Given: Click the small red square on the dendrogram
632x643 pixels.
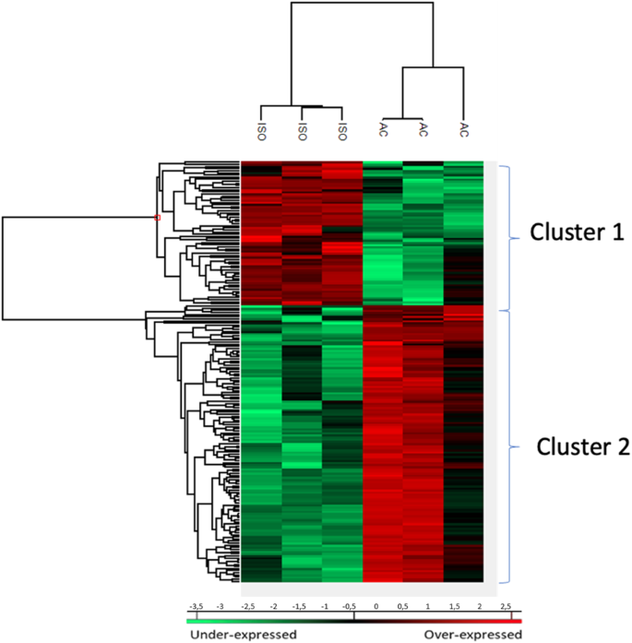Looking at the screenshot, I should point(158,218).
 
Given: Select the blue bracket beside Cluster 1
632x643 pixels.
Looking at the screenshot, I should point(508,238).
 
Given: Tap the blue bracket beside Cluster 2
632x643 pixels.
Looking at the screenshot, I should point(508,447).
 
